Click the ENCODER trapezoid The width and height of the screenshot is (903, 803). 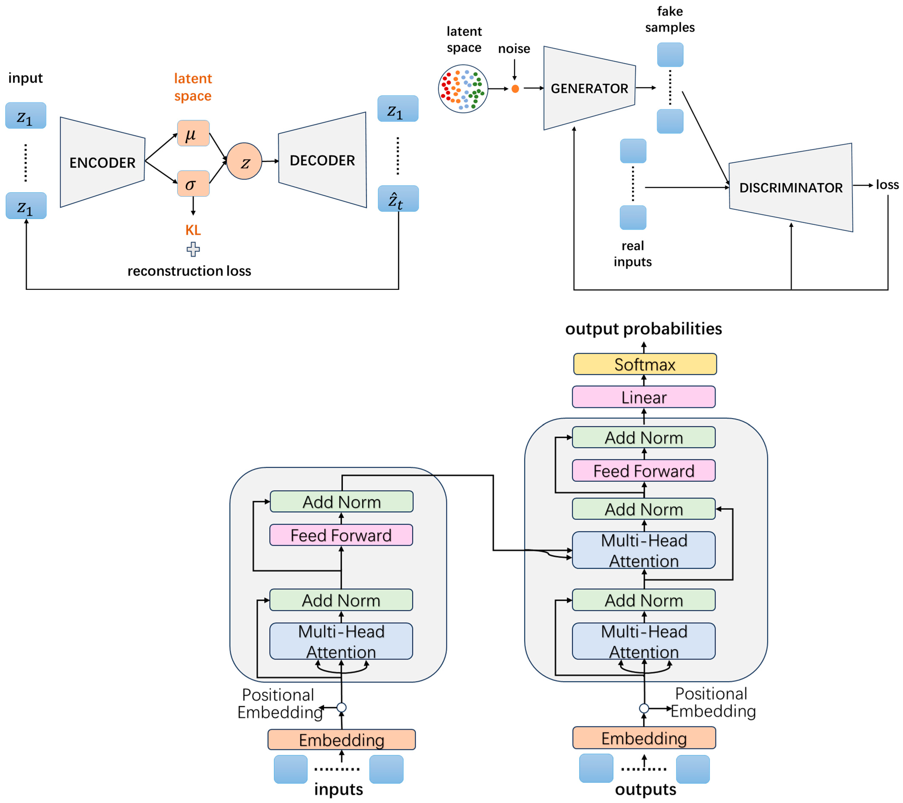coord(102,162)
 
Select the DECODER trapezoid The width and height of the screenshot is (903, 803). coord(322,160)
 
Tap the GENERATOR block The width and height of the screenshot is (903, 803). coord(589,88)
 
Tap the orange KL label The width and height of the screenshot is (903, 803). coord(193,230)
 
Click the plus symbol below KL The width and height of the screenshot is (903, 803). coord(193,249)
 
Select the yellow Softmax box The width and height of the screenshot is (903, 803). coord(645,364)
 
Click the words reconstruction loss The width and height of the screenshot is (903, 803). coord(189,271)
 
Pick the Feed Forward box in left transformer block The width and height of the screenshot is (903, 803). coord(341,535)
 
